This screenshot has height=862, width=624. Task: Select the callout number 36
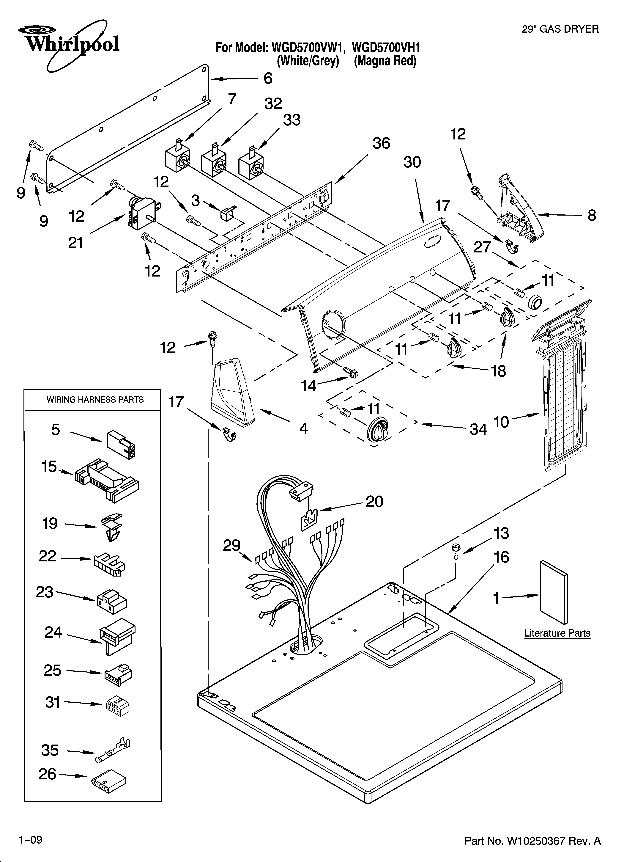coord(381,143)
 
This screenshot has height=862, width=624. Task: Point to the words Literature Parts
coord(557,633)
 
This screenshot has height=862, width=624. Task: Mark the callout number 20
coord(374,502)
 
